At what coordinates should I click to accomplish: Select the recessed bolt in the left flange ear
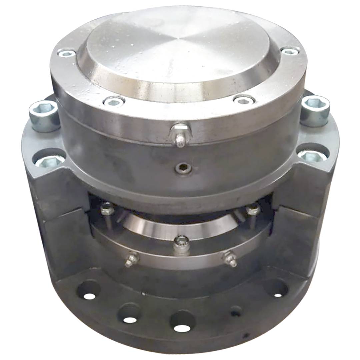tap(49, 161)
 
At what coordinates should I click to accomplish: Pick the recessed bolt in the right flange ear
tap(312, 155)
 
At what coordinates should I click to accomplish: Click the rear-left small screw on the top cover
tap(66, 53)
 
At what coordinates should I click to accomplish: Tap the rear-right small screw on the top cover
tap(290, 51)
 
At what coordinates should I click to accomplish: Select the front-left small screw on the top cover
tap(114, 101)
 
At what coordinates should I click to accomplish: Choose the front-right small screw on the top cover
tap(244, 100)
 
